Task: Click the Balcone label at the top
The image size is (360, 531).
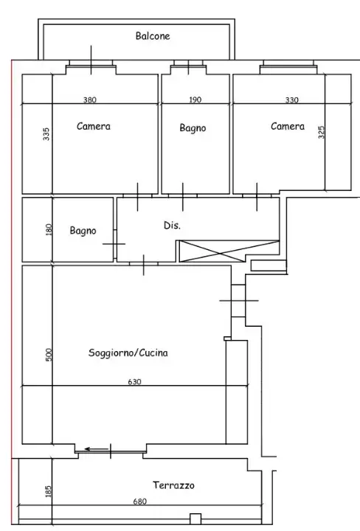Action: (x=153, y=35)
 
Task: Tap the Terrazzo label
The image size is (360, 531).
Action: (x=174, y=485)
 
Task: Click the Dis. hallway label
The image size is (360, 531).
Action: (x=171, y=224)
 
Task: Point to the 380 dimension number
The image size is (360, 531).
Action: (x=90, y=100)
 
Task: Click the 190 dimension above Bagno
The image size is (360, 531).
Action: (x=195, y=100)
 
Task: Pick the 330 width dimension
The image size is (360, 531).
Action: (x=293, y=100)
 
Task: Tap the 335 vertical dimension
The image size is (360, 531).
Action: (x=46, y=134)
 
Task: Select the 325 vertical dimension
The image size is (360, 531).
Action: (x=321, y=132)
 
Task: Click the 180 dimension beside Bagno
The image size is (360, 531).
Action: (x=49, y=229)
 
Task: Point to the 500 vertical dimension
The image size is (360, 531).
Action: (x=49, y=355)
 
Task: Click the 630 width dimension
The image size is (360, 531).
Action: (x=134, y=381)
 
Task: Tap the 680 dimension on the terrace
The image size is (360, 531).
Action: (x=140, y=502)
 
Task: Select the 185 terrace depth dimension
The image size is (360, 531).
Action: (x=49, y=491)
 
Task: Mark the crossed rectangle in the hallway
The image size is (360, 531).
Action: (x=229, y=251)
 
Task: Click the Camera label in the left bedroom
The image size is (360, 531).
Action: (x=94, y=126)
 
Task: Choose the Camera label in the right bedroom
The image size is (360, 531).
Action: (x=287, y=126)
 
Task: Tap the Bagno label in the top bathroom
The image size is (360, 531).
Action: (x=193, y=128)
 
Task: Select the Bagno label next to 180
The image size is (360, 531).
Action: (x=83, y=231)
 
